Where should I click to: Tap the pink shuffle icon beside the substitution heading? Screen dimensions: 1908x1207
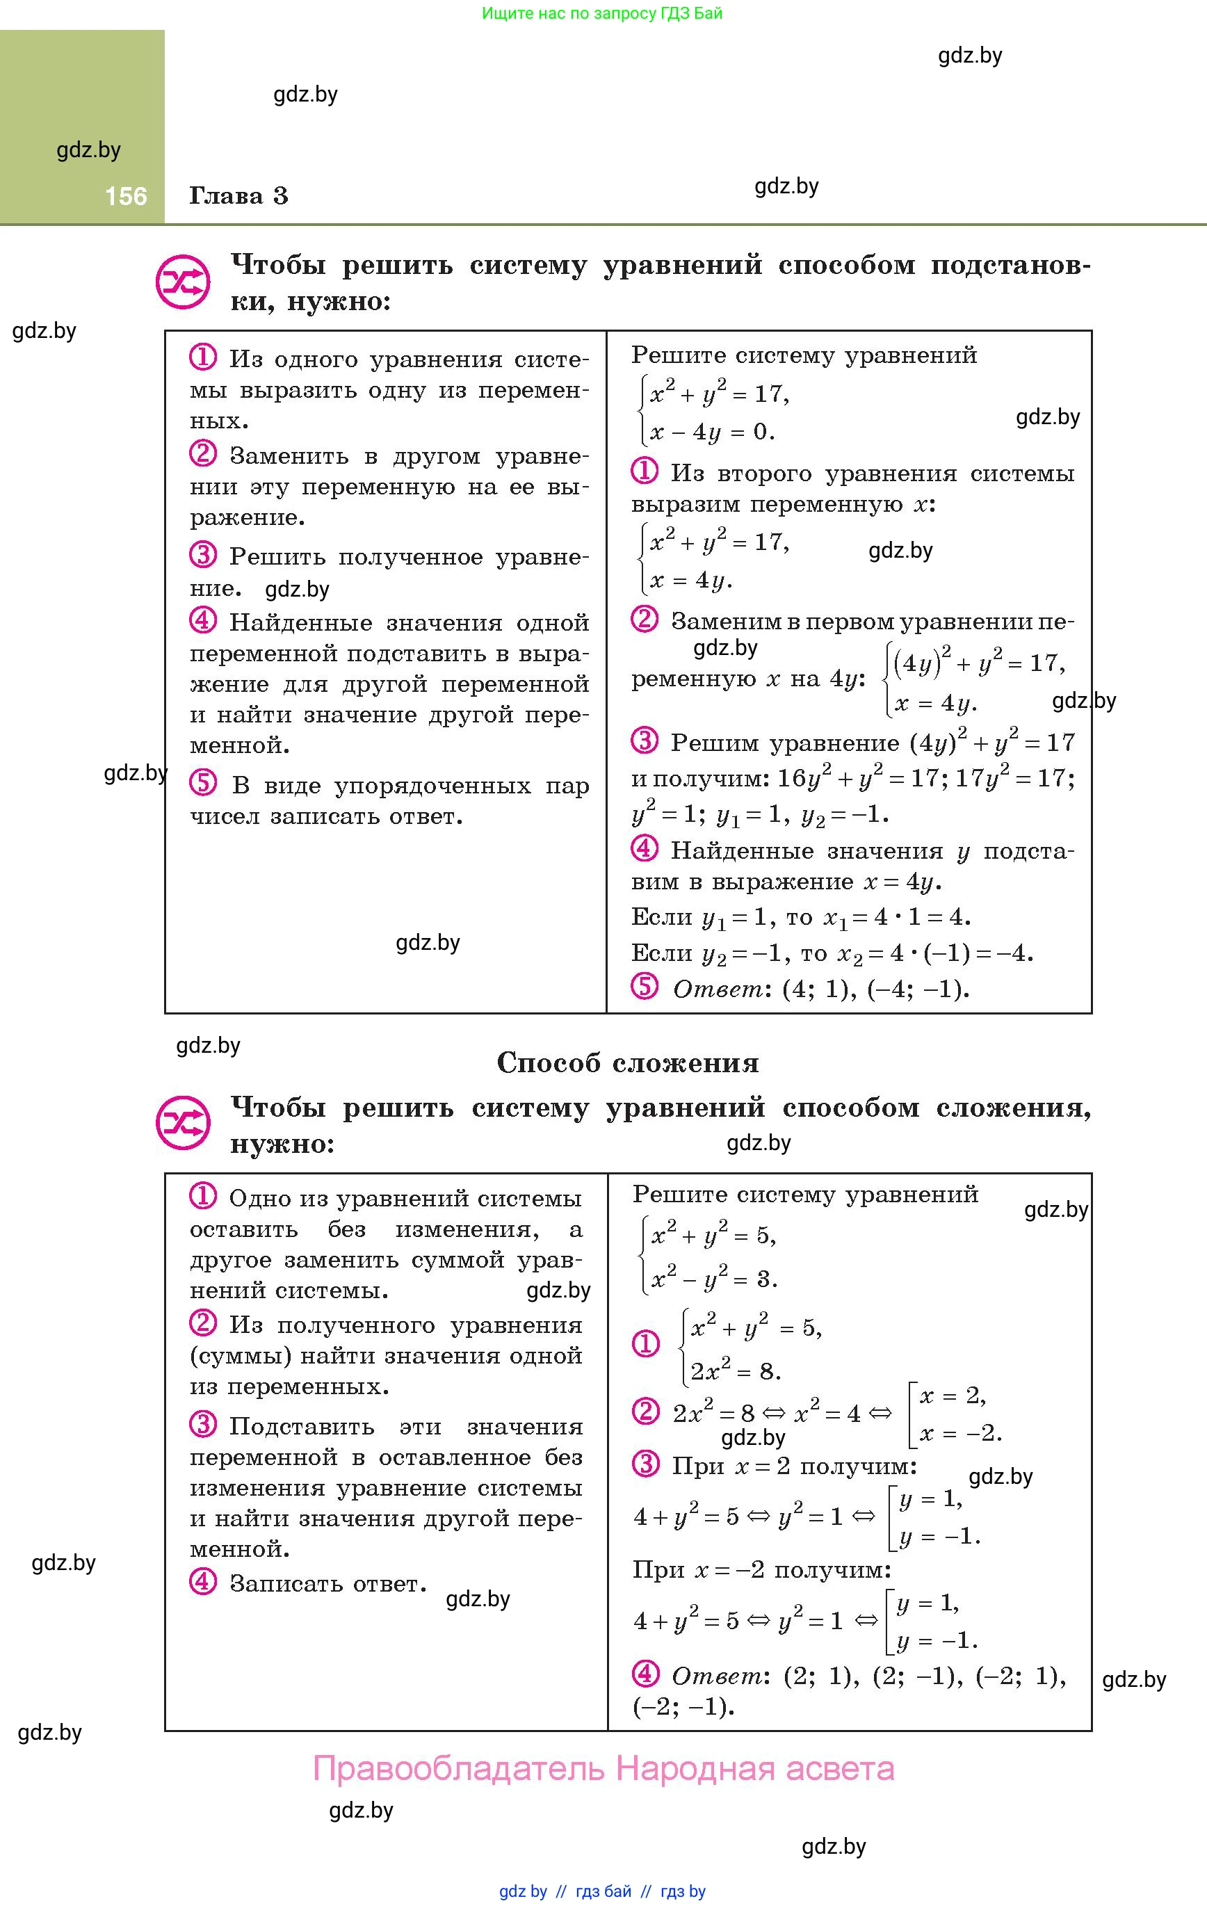182,282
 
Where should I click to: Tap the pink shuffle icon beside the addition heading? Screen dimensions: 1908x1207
182,1123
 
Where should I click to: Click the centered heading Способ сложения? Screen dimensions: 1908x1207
628,1062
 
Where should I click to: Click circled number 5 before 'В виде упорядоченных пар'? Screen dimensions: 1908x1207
203,784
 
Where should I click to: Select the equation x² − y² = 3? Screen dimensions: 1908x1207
713,1278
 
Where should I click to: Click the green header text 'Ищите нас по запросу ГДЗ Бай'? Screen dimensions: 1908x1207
602,13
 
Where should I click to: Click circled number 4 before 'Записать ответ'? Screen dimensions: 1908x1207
203,1583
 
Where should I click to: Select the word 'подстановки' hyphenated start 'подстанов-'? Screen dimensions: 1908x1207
1010,265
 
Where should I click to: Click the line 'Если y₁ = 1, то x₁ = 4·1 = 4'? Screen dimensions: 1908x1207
800,918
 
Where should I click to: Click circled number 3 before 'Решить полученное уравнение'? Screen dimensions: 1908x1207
203,555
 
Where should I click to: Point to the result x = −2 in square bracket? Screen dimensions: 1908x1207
961,1433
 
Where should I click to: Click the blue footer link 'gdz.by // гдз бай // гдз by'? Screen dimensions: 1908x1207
602,1891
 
